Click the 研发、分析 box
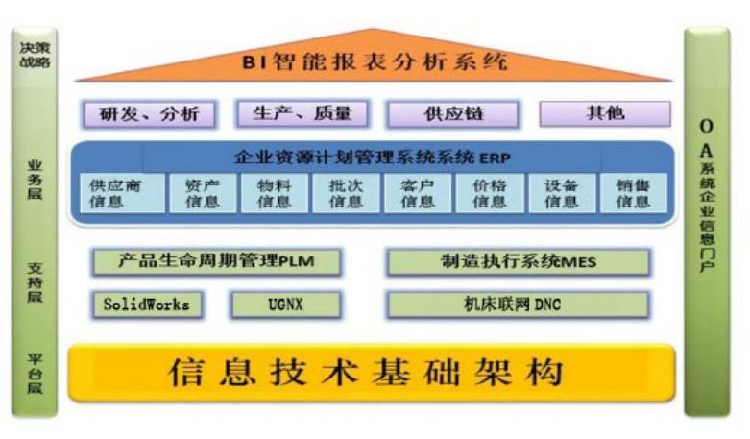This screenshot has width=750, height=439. (x=150, y=114)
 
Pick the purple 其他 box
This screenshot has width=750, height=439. (x=605, y=113)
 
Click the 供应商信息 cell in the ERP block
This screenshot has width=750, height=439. (x=114, y=193)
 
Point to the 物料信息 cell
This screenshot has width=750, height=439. (x=274, y=193)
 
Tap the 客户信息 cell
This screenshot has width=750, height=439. (x=417, y=193)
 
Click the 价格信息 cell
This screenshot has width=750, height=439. (x=490, y=193)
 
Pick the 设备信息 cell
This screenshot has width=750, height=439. (x=561, y=193)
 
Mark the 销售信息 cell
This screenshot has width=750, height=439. (x=633, y=193)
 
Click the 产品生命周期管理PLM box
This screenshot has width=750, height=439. (x=216, y=260)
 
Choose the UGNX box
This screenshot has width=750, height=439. (x=285, y=305)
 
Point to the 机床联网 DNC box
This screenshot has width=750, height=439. (x=518, y=305)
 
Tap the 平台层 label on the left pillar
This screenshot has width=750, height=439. (x=35, y=372)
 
